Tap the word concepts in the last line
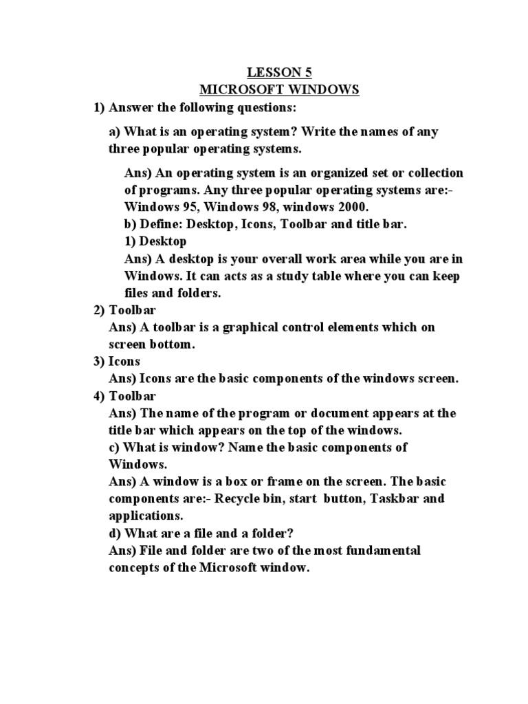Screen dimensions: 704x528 coord(135,569)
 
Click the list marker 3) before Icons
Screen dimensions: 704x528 coord(100,362)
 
